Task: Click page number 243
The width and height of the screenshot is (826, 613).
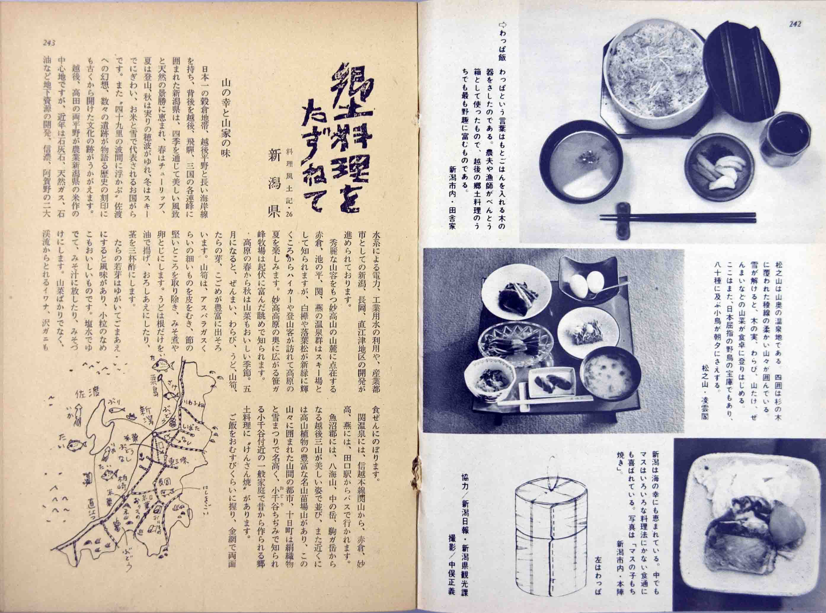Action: (49, 43)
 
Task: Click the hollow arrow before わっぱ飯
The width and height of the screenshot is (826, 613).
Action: (503, 25)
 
